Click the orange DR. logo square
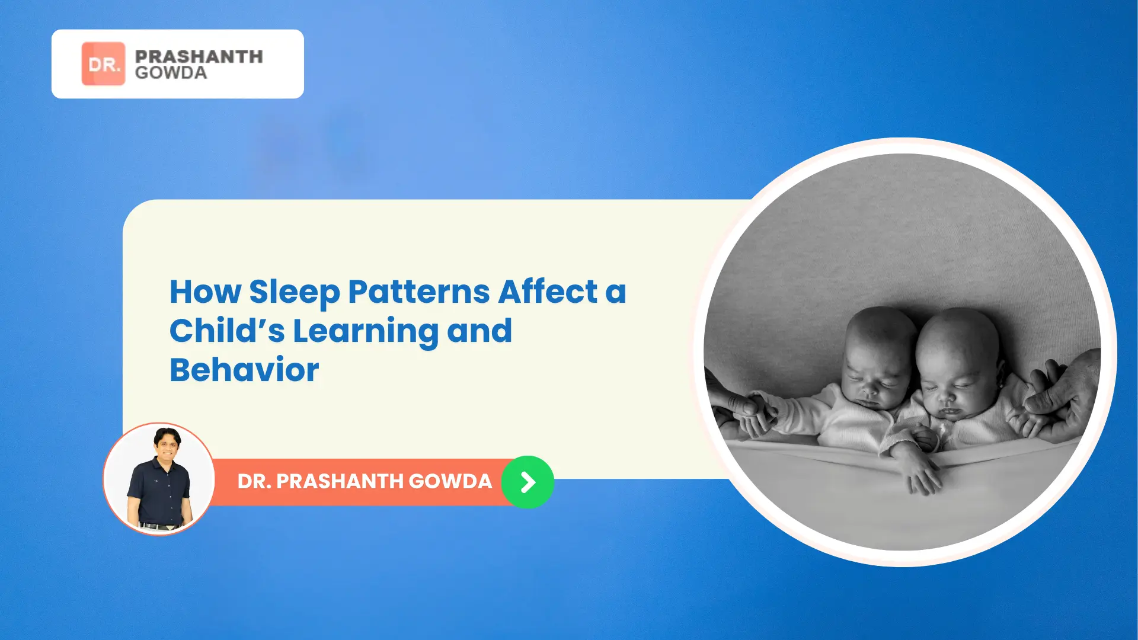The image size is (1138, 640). tap(103, 63)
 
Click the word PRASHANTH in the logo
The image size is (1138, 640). tap(199, 56)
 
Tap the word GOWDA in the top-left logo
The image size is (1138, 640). tap(171, 72)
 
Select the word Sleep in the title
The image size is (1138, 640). tap(295, 293)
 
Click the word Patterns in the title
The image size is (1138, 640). tap(419, 292)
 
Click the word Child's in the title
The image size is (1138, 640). tap(228, 330)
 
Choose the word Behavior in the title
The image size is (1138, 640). tap(244, 370)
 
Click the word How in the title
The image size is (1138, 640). tap(206, 292)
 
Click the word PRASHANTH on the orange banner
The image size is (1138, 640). tap(338, 481)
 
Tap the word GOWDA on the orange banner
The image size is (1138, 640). tap(450, 481)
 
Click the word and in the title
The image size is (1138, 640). tap(480, 330)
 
